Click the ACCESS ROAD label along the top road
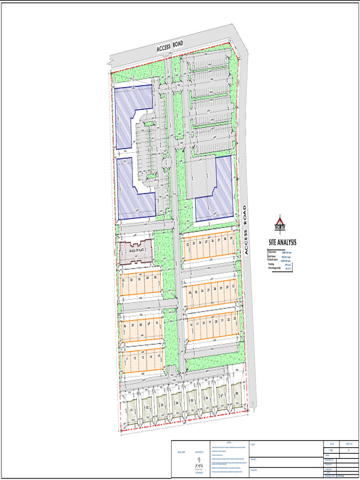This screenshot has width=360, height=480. (x=169, y=46)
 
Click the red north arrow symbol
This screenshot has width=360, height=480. (x=280, y=223)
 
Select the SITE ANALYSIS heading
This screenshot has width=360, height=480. (x=282, y=243)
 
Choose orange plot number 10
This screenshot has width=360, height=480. (x=157, y=324)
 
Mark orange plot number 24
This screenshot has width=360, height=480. (x=190, y=293)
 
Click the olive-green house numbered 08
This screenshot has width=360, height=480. (x=237, y=394)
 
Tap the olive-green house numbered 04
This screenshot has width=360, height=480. (x=176, y=402)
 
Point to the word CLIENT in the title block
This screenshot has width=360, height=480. (x=253, y=443)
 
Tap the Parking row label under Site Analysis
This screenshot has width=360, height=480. (x=270, y=264)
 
